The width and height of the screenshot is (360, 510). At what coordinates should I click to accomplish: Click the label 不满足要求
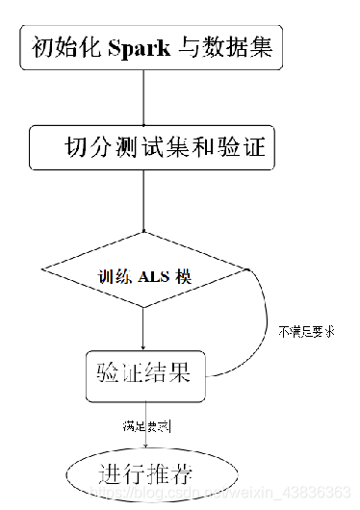pyautogui.click(x=307, y=330)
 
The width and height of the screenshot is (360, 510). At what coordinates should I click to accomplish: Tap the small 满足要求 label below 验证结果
pyautogui.click(x=146, y=423)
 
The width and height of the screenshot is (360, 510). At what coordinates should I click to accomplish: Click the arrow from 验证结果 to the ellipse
pyautogui.click(x=143, y=423)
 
